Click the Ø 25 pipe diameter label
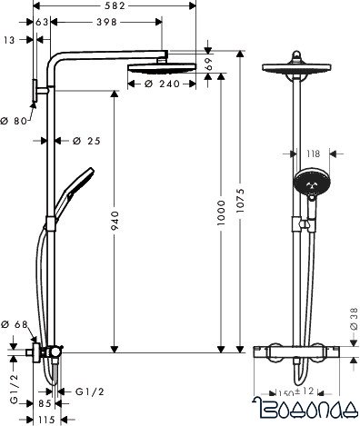click(84, 140)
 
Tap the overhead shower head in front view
click(298, 73)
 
